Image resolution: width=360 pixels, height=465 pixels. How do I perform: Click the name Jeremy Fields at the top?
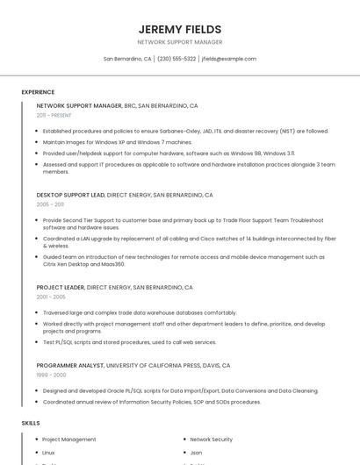pos(180,29)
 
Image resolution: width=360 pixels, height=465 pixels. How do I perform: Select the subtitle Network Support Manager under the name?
pos(180,42)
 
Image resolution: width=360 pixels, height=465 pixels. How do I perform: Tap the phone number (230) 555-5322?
pos(176,59)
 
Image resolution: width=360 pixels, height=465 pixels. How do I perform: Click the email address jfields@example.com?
pos(229,59)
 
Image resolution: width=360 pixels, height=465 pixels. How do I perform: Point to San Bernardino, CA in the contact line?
pos(127,59)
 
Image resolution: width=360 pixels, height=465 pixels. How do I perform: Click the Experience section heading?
pos(38,91)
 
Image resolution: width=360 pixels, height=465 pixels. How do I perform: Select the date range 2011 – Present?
pos(54,115)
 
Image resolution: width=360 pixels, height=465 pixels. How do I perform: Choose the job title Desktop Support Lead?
pos(70,195)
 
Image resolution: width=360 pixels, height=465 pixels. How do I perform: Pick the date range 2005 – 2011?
pos(50,204)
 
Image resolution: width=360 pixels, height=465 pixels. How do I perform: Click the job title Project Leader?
pos(61,287)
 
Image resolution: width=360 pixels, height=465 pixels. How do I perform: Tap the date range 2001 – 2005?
pos(50,297)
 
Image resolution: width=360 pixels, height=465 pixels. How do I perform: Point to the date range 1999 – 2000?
pos(50,375)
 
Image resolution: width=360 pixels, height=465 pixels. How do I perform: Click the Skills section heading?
pos(31,423)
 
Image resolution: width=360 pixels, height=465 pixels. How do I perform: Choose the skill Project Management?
pos(69,440)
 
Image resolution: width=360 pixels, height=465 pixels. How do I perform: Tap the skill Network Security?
pos(211,440)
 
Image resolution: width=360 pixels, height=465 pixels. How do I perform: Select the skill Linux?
pos(48,453)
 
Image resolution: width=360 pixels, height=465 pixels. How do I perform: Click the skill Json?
pos(196,453)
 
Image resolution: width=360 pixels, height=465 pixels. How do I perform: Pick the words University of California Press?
pos(153,365)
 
